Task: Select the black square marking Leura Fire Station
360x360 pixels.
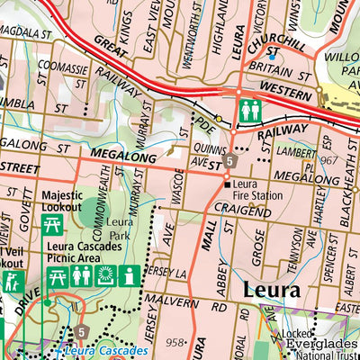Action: coord(226,184)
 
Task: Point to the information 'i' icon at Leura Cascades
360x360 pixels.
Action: coord(130,276)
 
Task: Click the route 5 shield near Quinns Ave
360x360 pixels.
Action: coord(230,162)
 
